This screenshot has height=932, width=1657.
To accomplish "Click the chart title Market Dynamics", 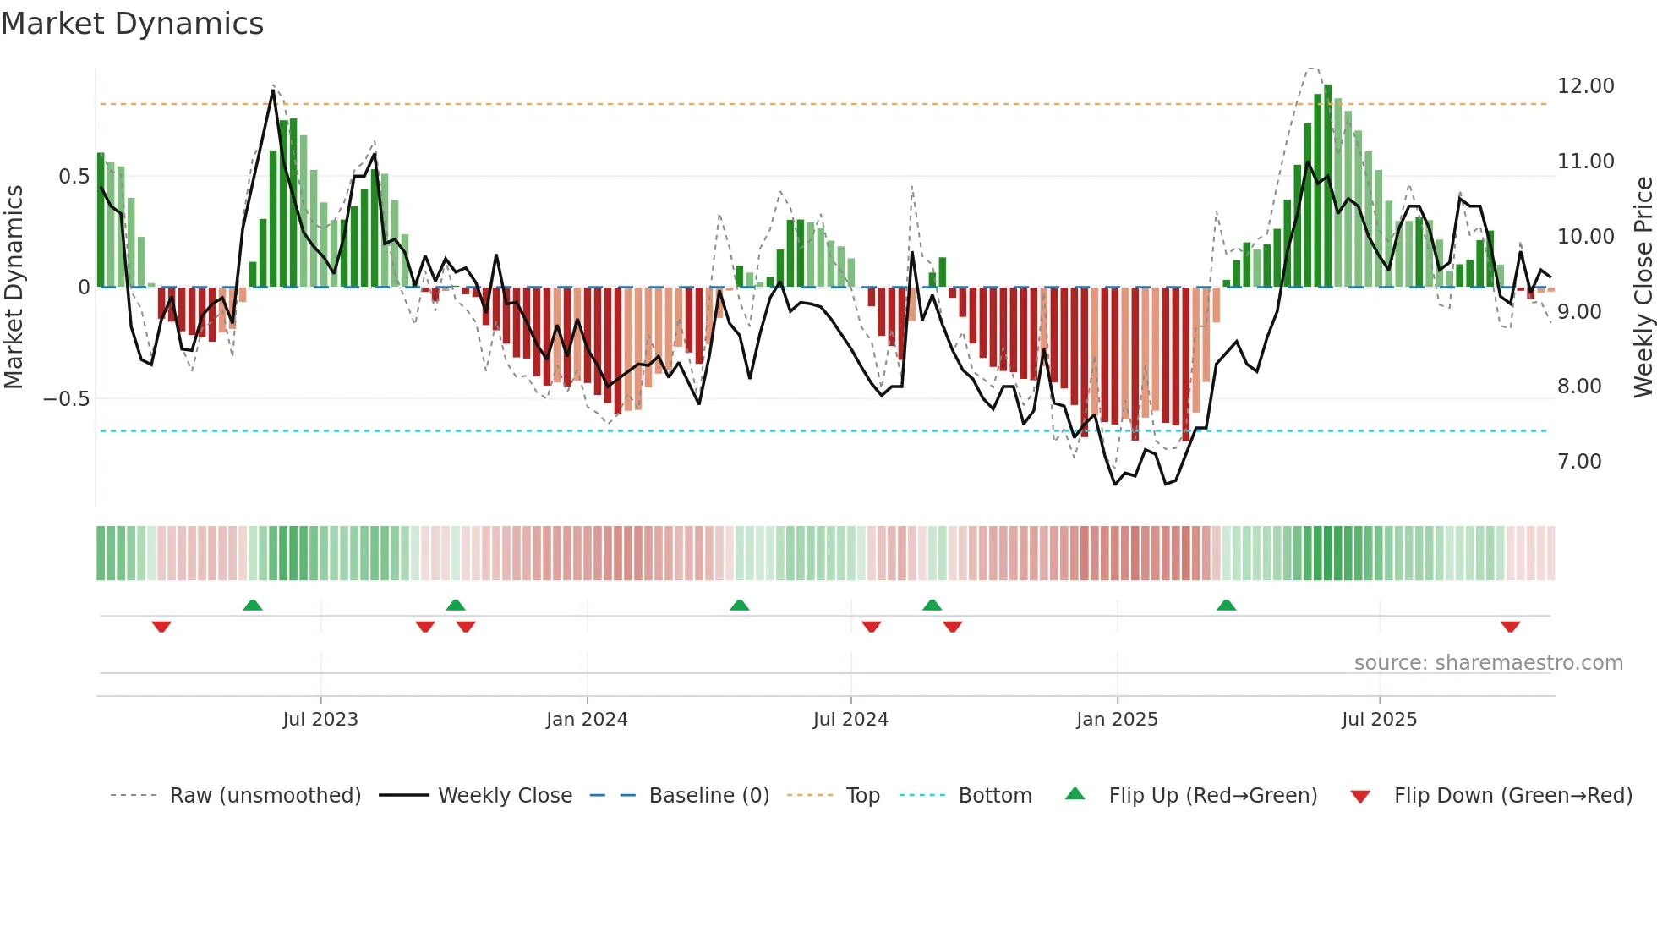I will point(132,24).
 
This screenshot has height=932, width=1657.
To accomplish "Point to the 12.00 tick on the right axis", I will point(1585,86).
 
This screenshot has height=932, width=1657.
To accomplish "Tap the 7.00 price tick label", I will point(1579,462).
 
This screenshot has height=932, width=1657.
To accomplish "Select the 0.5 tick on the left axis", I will point(74,177).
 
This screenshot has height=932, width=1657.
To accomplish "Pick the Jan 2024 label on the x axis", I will point(587,720).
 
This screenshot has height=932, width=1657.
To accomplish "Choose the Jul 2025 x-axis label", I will point(1379,720).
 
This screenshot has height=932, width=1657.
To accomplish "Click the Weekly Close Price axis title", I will point(1643,288).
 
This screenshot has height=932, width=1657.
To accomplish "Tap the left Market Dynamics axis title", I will point(14,288).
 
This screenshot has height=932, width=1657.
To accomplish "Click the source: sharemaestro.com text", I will point(1488,663).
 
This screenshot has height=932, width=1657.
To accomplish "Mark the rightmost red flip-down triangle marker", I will point(1511,627).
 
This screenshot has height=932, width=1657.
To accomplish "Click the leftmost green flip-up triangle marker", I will point(253,605).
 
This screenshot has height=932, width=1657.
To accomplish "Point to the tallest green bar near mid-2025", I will point(1327,186).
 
